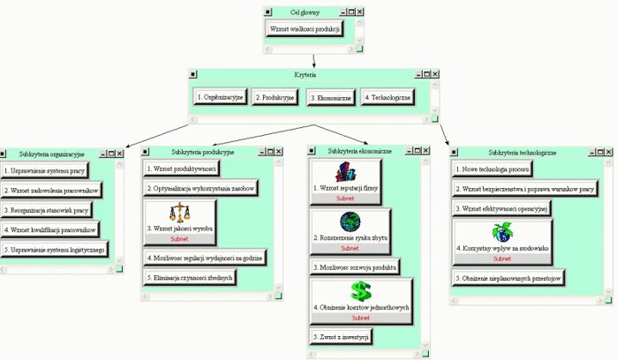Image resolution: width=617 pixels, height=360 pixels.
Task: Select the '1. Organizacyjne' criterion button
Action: pyautogui.click(x=220, y=97)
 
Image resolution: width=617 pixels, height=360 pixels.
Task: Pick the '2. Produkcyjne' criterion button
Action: pyautogui.click(x=275, y=97)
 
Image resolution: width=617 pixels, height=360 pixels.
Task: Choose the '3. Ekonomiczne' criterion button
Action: pyautogui.click(x=329, y=98)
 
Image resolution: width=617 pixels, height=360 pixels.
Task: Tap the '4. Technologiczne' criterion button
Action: pyautogui.click(x=386, y=97)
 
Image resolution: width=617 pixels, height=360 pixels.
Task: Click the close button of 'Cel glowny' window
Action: pyautogui.click(x=360, y=12)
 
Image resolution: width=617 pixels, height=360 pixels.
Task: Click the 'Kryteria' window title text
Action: pyautogui.click(x=305, y=76)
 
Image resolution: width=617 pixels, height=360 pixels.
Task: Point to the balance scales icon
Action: pyautogui.click(x=180, y=213)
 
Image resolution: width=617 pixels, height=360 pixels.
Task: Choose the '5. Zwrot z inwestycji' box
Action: pyautogui.click(x=341, y=336)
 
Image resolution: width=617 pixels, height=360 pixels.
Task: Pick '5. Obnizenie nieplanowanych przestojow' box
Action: pyautogui.click(x=508, y=277)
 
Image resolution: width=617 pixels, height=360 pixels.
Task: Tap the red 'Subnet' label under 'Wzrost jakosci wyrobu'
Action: pyautogui.click(x=180, y=239)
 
